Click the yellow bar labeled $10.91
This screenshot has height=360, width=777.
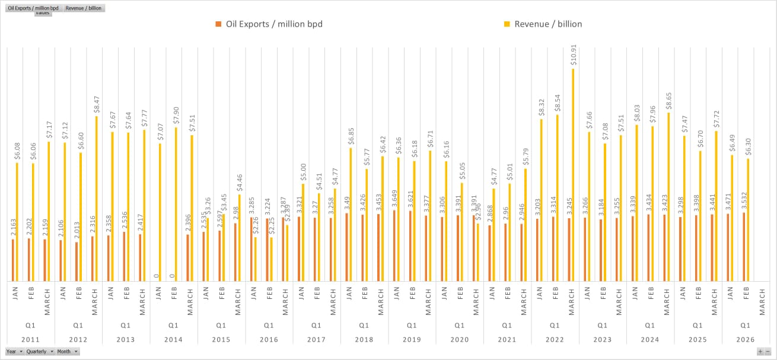point(573,175)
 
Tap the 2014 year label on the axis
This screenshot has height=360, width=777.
point(173,340)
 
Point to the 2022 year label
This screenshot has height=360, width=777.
point(555,340)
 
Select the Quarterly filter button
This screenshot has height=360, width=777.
point(40,351)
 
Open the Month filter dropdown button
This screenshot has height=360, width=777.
point(68,351)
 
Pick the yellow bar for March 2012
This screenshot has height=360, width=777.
point(96,199)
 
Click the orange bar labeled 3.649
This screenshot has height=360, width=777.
point(394,246)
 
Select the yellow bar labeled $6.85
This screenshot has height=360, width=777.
point(351,215)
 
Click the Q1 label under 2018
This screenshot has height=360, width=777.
point(364,326)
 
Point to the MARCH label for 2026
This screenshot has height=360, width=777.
point(762,300)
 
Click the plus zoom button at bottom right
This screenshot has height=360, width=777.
point(760,352)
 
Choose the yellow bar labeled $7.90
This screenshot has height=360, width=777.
point(176,205)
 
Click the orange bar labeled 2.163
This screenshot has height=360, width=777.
point(13,260)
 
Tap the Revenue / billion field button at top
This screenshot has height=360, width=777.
point(84,8)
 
